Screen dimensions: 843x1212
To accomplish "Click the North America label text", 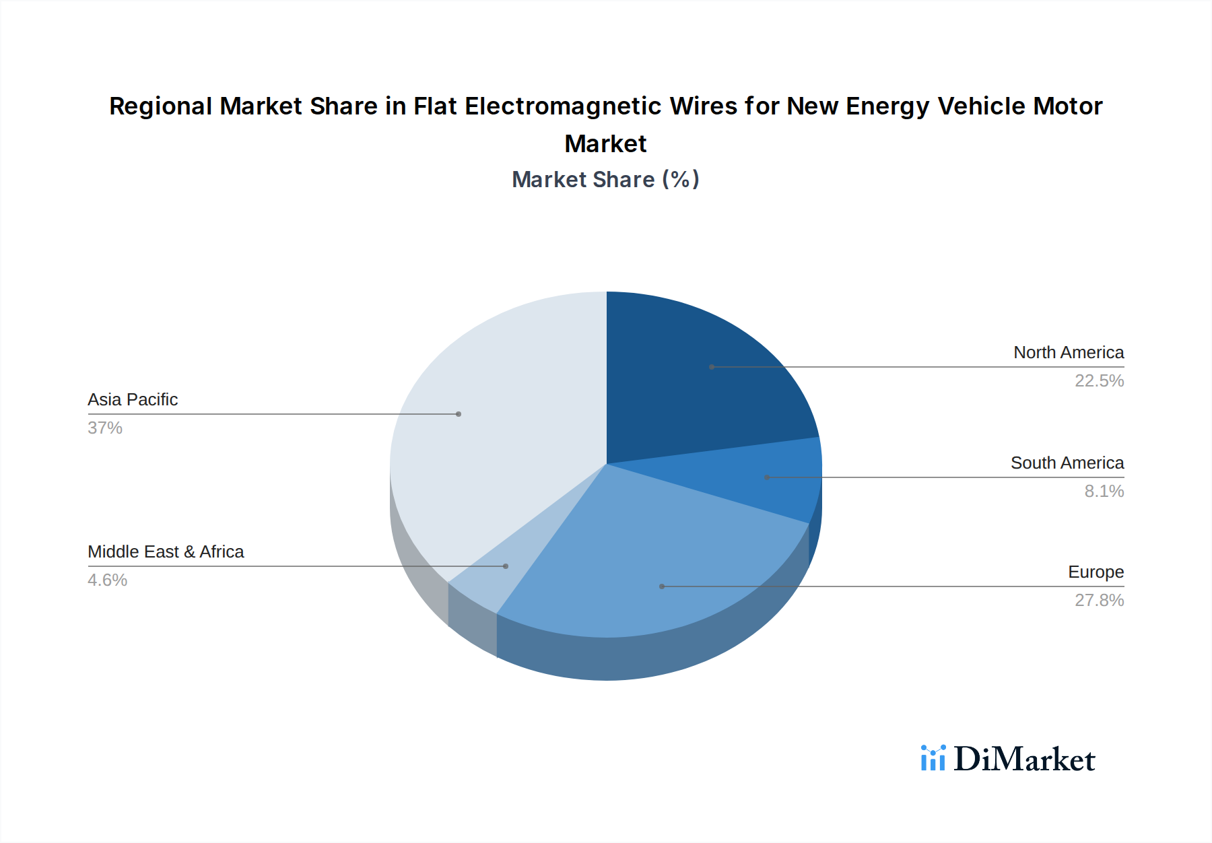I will point(1068,353).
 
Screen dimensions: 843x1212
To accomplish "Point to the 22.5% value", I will point(1099,381).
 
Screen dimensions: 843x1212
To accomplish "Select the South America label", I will point(1067,463).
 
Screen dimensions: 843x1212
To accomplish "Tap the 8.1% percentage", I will point(1104,492).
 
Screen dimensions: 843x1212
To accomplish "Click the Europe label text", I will point(1096,572).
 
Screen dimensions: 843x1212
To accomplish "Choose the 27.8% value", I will point(1099,601).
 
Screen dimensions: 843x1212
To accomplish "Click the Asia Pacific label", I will point(133,400).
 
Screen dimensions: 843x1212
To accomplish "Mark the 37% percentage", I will point(105,428).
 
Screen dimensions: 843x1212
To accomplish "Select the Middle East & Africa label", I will point(166,552).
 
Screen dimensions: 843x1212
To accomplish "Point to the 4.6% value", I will point(107,580).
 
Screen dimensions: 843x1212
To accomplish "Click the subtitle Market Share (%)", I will point(605,180).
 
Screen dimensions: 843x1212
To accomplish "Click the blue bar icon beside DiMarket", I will point(933,758).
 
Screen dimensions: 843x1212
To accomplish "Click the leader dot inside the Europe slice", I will point(662,586).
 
